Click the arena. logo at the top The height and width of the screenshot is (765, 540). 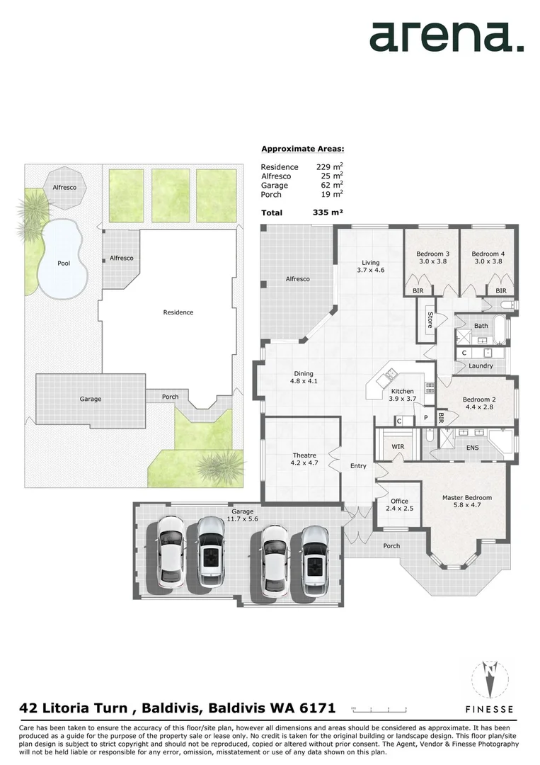point(447,37)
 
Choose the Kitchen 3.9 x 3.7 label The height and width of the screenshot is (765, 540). point(402,395)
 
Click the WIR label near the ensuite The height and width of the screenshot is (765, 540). point(398,447)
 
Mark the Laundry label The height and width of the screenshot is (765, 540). point(481,365)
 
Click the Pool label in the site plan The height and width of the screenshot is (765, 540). point(64,263)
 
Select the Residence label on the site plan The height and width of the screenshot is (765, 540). point(178,312)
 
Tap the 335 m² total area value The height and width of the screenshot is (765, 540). point(328,212)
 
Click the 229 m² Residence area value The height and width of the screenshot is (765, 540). point(329,167)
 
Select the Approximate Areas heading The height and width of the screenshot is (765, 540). point(302,149)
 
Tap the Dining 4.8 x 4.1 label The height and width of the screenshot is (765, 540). point(304,378)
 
